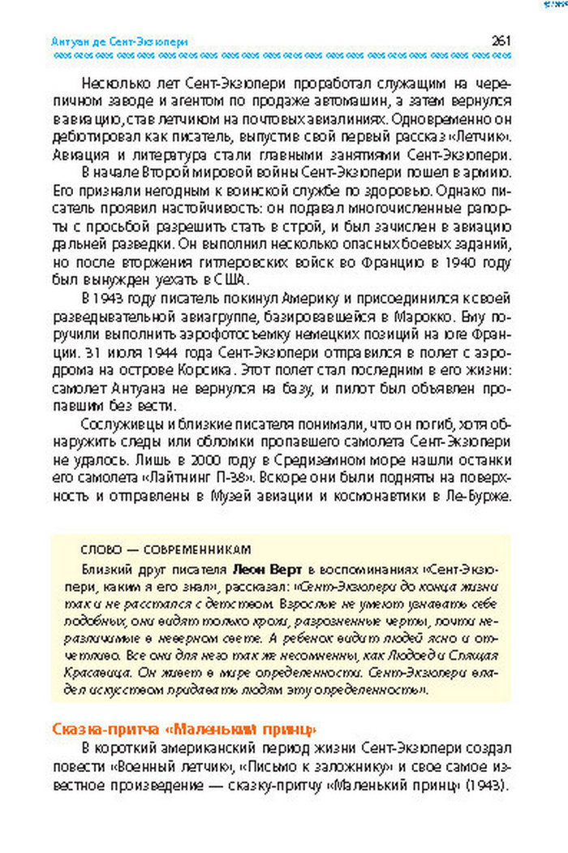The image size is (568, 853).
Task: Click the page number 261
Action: tap(500, 41)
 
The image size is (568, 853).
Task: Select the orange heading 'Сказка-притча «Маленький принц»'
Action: tap(183, 727)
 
